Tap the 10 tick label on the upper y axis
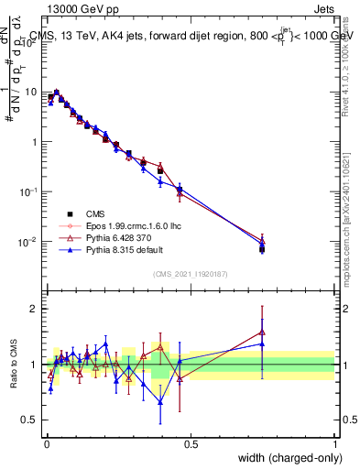pos(30,92)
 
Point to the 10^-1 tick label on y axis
pos(27,191)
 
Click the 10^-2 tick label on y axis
pos(27,242)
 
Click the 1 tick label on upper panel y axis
pos(34,142)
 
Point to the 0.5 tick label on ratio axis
pos(30,420)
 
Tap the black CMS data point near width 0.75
pos(262,249)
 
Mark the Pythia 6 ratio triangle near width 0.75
pos(262,333)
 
